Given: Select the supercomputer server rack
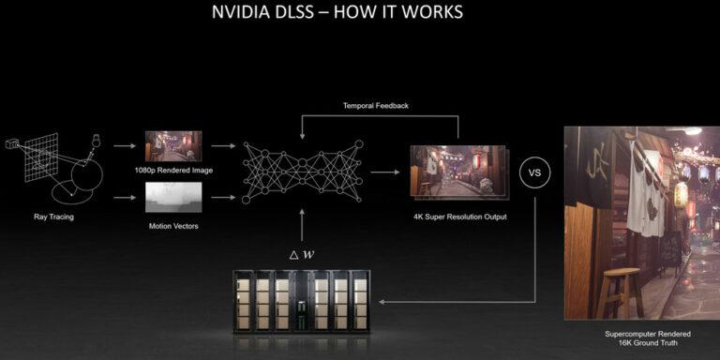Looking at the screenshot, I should (x=300, y=302).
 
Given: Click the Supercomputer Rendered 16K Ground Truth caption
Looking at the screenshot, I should (x=639, y=338).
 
